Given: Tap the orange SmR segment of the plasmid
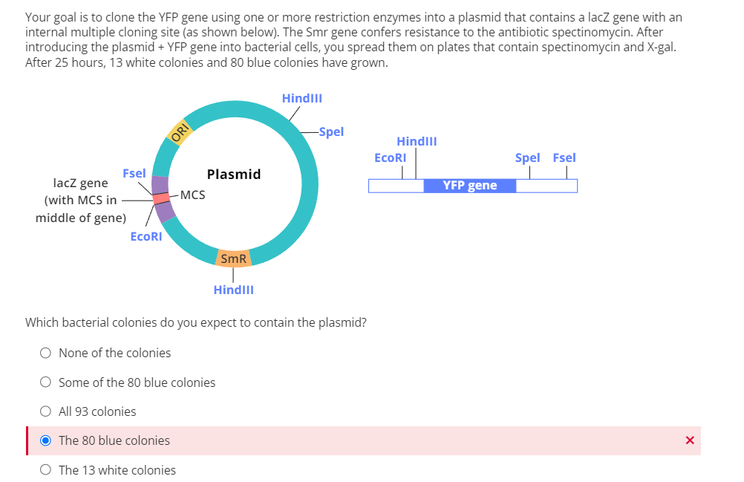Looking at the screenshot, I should [x=233, y=258].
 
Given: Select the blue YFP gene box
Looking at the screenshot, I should [x=469, y=185].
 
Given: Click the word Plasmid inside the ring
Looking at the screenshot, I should [x=234, y=174].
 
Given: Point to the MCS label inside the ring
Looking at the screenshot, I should [x=192, y=195].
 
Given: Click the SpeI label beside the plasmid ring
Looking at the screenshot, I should [x=330, y=131].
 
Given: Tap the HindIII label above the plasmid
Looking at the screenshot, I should [x=301, y=98].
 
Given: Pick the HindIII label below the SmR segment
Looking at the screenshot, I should [x=233, y=290].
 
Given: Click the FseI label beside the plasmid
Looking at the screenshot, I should [x=134, y=173].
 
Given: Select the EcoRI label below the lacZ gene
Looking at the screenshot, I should [x=146, y=236].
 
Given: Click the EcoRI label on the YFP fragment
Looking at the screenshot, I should [x=390, y=157].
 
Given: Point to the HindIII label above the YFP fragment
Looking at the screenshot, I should [x=417, y=141].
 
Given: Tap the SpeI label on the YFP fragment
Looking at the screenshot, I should [x=527, y=157].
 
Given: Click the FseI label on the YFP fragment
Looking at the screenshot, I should [x=564, y=157].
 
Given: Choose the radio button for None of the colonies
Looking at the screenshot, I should [x=46, y=353].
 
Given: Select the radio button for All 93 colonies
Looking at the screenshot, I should [x=46, y=411].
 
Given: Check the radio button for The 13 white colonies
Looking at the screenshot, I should [x=46, y=470].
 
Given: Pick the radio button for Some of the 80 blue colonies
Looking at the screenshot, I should [x=46, y=382].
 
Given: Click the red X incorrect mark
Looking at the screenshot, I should [x=690, y=440].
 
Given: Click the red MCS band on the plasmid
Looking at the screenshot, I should [x=161, y=198].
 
